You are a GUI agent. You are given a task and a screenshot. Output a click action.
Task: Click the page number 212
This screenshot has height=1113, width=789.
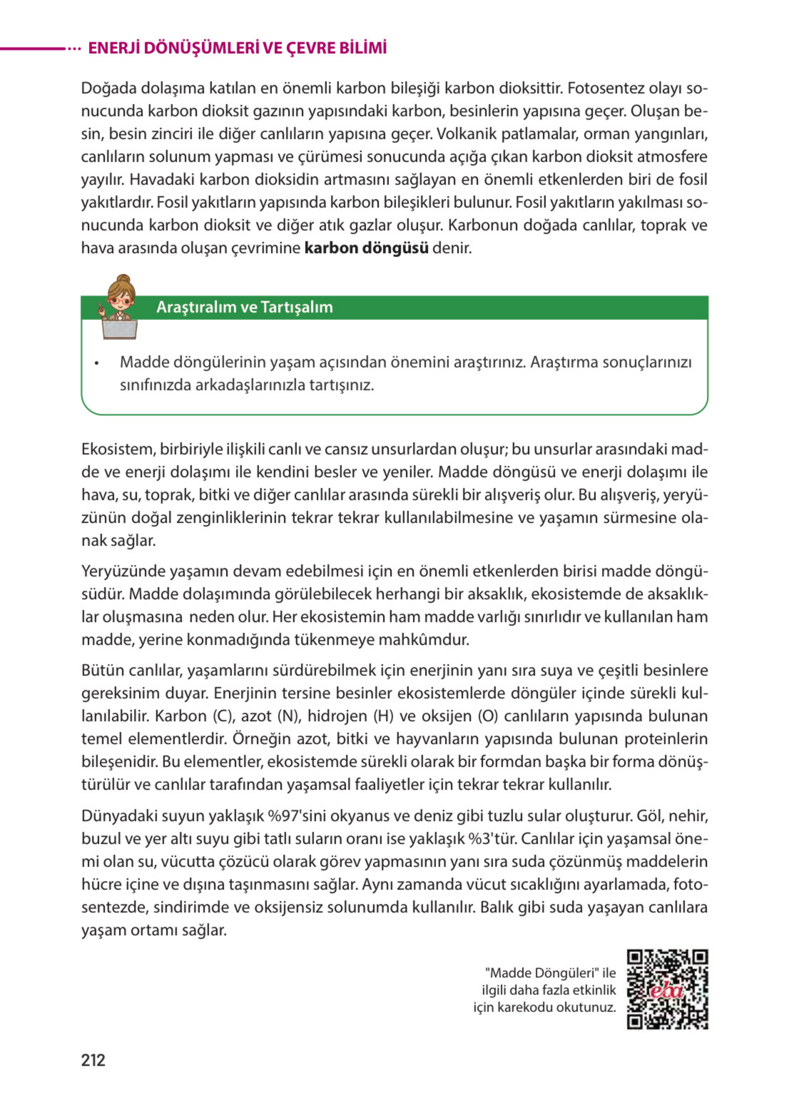click(93, 1060)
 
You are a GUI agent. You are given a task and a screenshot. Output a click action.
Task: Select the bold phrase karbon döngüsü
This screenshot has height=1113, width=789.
click(366, 248)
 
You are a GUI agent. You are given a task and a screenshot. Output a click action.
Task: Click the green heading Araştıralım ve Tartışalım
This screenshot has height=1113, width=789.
click(244, 307)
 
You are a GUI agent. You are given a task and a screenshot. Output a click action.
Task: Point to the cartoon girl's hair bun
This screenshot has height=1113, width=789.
click(123, 279)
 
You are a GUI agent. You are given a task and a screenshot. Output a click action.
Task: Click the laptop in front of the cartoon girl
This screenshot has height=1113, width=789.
click(119, 330)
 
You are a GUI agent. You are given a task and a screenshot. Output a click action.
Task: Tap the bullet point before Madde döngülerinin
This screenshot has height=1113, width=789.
click(97, 363)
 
